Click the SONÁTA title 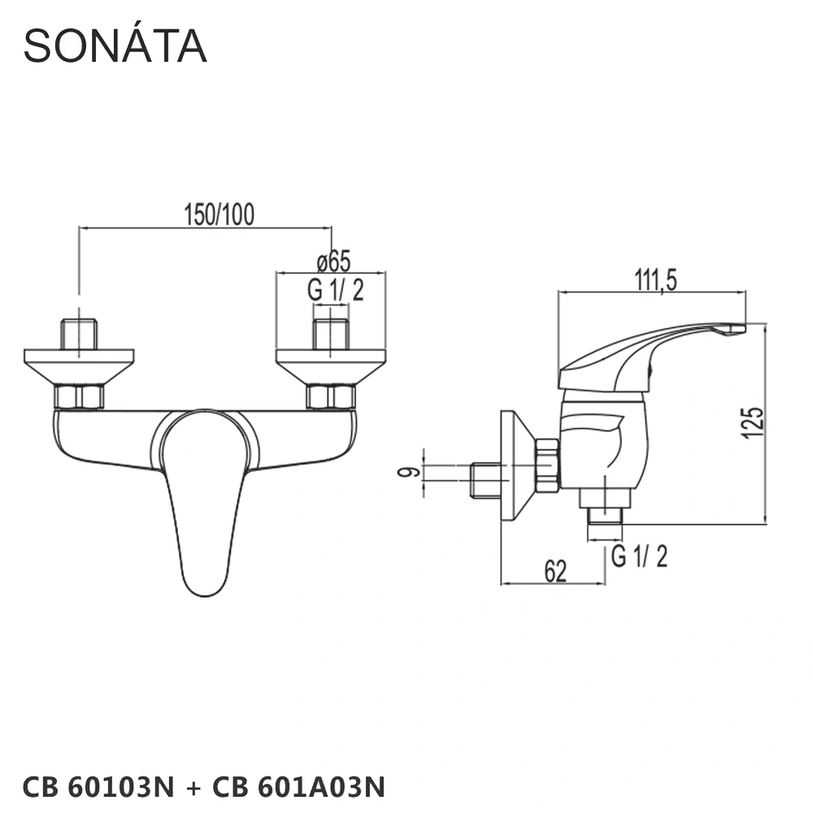point(115,46)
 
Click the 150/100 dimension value point(219,215)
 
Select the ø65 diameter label point(333,262)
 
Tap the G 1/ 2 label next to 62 point(639,557)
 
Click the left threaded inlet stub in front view point(79,333)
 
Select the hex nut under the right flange point(331,397)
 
